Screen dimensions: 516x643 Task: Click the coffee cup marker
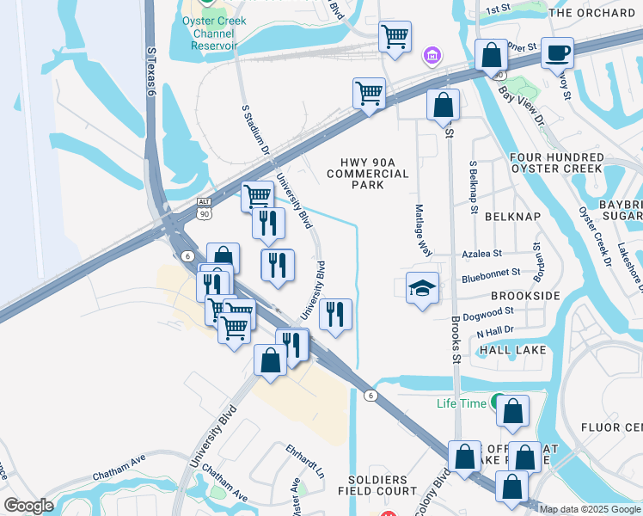[557, 52]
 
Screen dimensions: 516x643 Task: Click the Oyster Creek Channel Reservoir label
[214, 33]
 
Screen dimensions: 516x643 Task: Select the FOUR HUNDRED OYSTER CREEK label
[556, 163]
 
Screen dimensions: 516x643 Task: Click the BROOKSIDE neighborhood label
[525, 295]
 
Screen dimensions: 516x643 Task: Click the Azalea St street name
[481, 255]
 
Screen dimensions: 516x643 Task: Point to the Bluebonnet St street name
[490, 273]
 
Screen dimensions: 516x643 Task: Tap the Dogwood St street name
[486, 312]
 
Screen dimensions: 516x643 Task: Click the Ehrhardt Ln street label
[306, 461]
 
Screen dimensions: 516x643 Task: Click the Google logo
[28, 506]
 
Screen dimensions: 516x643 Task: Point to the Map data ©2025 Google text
[591, 509]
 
